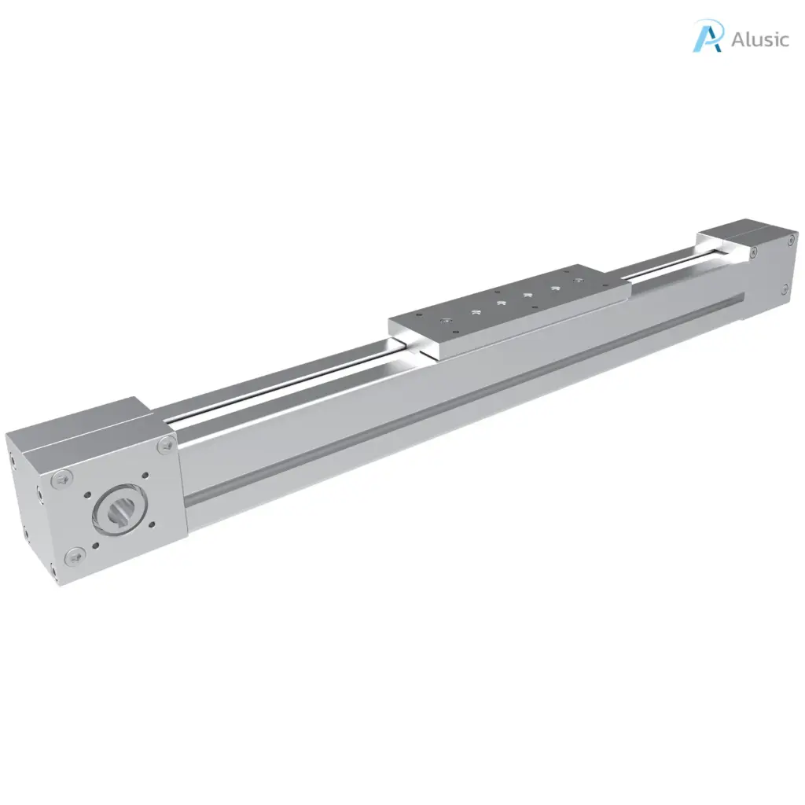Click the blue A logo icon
pyautogui.click(x=707, y=36)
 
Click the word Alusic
pyautogui.click(x=759, y=39)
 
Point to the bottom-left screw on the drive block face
pyautogui.click(x=73, y=557)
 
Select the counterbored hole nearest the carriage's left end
pyautogui.click(x=445, y=321)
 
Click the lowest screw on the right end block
pyautogui.click(x=785, y=290)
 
